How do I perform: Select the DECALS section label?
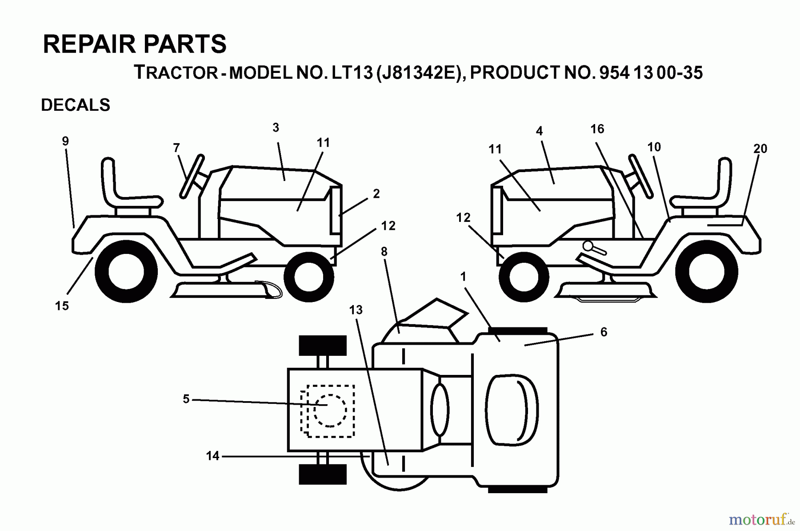tap(76, 105)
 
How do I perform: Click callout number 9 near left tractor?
tap(65, 141)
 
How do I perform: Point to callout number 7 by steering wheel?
tap(176, 147)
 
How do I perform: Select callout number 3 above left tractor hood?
tap(276, 128)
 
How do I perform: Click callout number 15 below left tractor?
tap(62, 306)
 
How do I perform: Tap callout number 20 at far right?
tap(760, 149)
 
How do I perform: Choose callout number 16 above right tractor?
tap(597, 129)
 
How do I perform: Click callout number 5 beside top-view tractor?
tap(186, 399)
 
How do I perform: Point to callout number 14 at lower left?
tap(212, 456)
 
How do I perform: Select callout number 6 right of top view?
tap(603, 332)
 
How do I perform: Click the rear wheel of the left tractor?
tap(126, 271)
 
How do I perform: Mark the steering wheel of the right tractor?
tap(640, 176)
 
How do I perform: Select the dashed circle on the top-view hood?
tap(330, 410)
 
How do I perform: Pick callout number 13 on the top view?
tap(356, 310)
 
